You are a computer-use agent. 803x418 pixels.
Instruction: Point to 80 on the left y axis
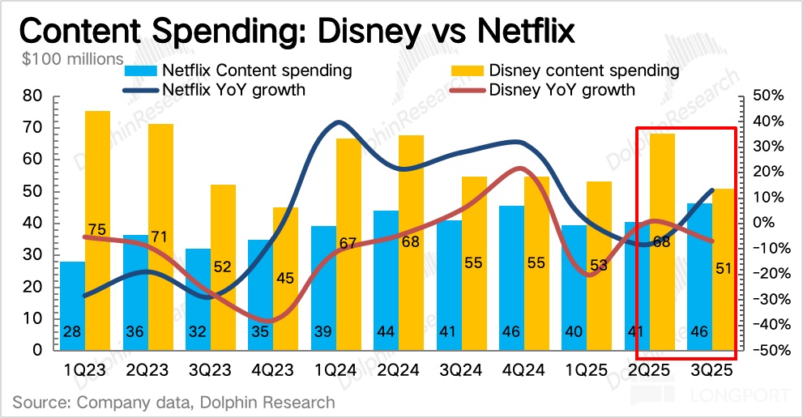tap(32, 96)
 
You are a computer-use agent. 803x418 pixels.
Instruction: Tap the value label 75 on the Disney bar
tap(97, 229)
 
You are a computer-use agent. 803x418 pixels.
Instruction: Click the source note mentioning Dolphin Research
tap(173, 402)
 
